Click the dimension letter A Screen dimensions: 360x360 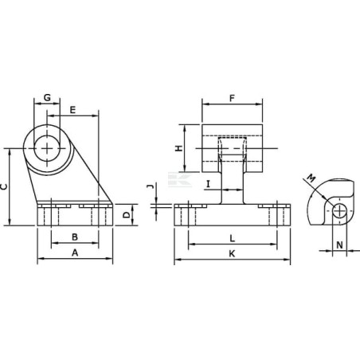click(x=75, y=252)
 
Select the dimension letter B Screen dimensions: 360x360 click(x=74, y=237)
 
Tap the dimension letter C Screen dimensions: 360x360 click(x=5, y=186)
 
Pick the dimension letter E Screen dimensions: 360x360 click(x=72, y=109)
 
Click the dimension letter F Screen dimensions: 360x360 click(x=231, y=99)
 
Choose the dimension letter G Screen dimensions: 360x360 click(x=47, y=98)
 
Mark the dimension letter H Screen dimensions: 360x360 click(x=179, y=147)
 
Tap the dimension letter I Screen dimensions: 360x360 click(x=208, y=184)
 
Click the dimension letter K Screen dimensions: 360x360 click(x=231, y=253)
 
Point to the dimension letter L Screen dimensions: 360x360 click(x=231, y=237)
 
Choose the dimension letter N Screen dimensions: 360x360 click(x=339, y=245)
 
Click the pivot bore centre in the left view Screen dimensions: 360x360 click(x=51, y=148)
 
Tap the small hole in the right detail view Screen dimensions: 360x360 click(x=340, y=211)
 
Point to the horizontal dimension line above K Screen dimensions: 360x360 click(x=231, y=260)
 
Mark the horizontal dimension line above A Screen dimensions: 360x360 click(x=75, y=260)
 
